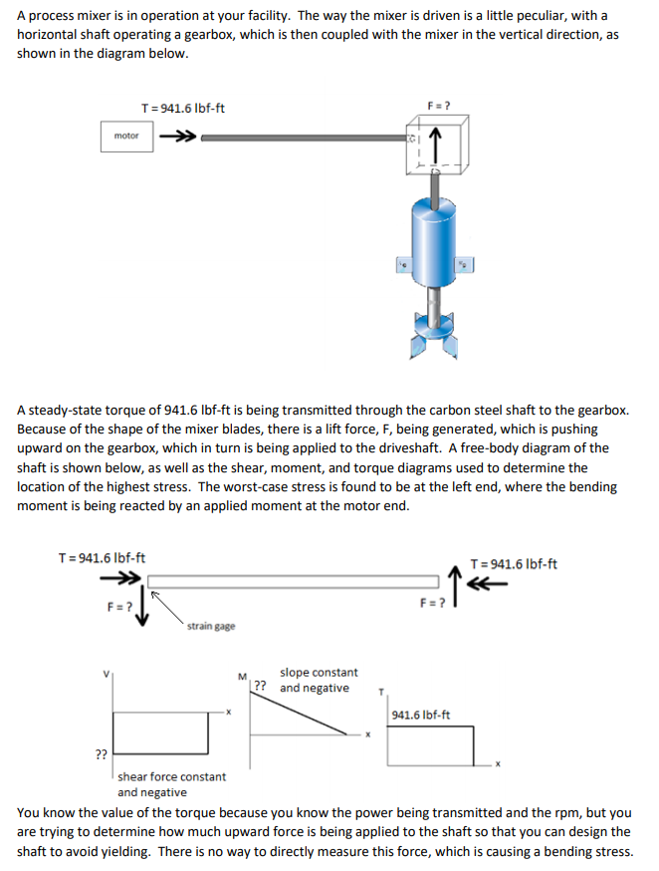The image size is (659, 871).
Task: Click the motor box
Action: [x=126, y=137]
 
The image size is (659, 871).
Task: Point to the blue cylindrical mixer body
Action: [x=434, y=240]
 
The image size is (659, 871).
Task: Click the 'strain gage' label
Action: [x=211, y=626]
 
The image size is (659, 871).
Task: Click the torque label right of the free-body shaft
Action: [x=513, y=564]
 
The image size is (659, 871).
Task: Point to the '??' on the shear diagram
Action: [x=101, y=754]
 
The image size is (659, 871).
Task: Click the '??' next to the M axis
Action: [x=260, y=686]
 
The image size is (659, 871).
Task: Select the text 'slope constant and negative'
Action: [x=318, y=680]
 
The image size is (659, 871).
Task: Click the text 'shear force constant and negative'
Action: [x=171, y=783]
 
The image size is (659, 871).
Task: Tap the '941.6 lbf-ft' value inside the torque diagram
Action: [x=420, y=715]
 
